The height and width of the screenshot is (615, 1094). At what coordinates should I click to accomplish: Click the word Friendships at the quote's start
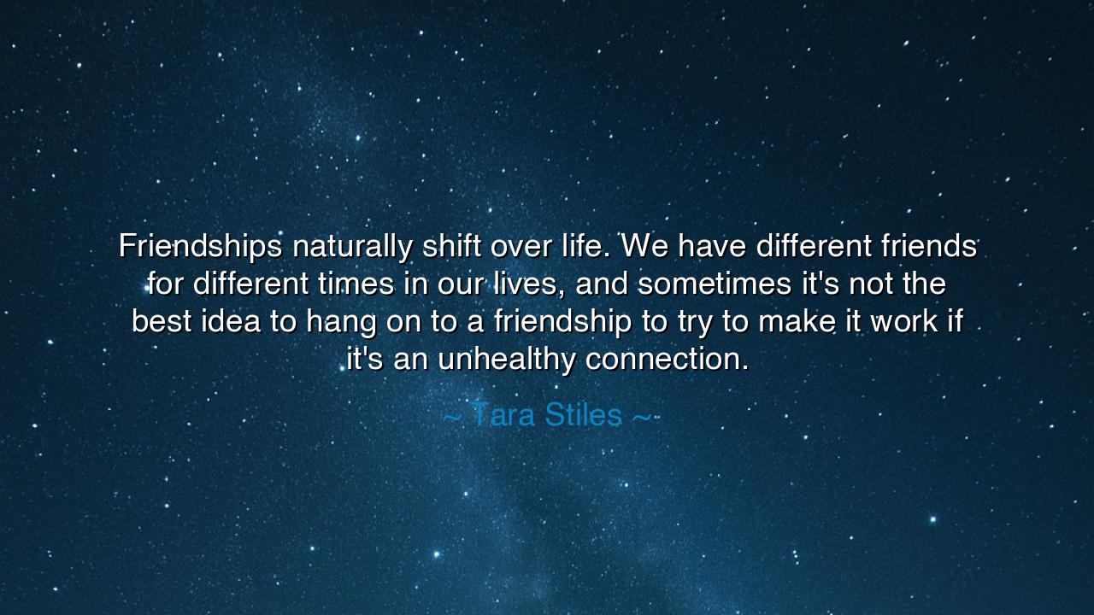point(200,247)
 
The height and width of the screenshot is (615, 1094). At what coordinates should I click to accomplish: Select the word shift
point(452,247)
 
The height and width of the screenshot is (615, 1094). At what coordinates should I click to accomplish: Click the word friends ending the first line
point(929,247)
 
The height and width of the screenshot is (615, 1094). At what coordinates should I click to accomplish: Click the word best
point(162,321)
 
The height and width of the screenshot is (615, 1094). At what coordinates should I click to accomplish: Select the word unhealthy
point(507,359)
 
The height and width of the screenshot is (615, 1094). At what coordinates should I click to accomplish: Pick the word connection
point(668,359)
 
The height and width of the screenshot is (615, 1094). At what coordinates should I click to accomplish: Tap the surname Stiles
point(583,415)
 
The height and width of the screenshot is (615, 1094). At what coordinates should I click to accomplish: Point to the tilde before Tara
point(452,417)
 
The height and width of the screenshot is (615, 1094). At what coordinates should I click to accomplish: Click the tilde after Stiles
point(641,417)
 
